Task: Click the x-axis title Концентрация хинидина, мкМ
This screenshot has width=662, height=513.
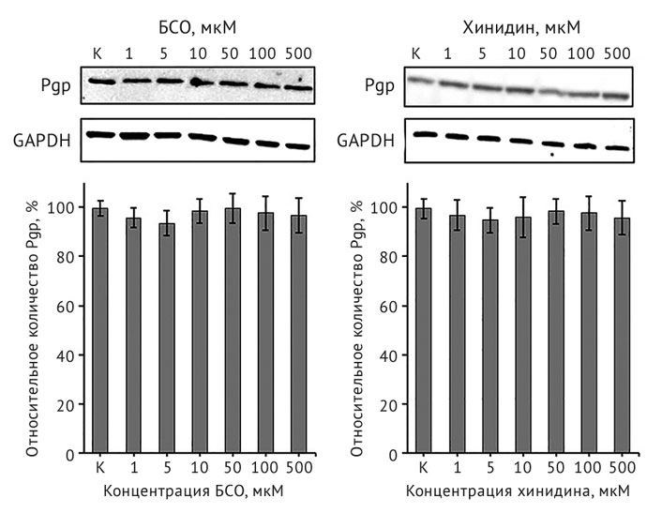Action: coord(517,490)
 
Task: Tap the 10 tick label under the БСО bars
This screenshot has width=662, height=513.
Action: coord(200,466)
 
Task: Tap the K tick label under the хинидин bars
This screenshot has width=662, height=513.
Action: coord(423,466)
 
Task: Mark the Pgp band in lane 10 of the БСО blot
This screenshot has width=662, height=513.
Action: coord(199,83)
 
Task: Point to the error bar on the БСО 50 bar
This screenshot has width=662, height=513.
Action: coord(233,208)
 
